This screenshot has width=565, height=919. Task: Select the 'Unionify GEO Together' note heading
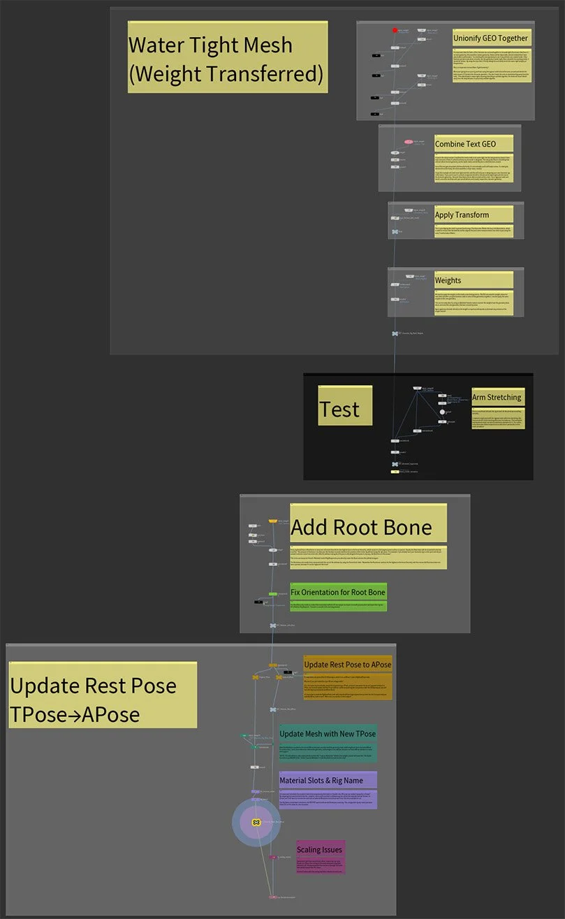coord(491,38)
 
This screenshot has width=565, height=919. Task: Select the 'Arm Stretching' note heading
coord(497,397)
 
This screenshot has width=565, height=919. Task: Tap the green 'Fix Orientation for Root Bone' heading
coord(338,593)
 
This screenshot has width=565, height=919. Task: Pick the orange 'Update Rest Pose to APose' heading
coord(347,664)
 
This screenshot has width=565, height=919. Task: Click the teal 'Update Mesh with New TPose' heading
coord(328,734)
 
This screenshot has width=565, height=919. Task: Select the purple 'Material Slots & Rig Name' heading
coord(328,780)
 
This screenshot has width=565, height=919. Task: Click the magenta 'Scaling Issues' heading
coord(320,850)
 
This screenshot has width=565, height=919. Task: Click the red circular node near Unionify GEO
coord(395,30)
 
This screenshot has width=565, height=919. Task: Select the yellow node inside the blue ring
coord(256,823)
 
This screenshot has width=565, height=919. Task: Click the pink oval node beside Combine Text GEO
coord(409,142)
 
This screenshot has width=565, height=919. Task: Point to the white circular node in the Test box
coord(441,412)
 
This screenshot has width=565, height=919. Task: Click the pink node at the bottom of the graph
coord(271,897)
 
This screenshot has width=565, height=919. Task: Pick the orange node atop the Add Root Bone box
coord(272,521)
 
